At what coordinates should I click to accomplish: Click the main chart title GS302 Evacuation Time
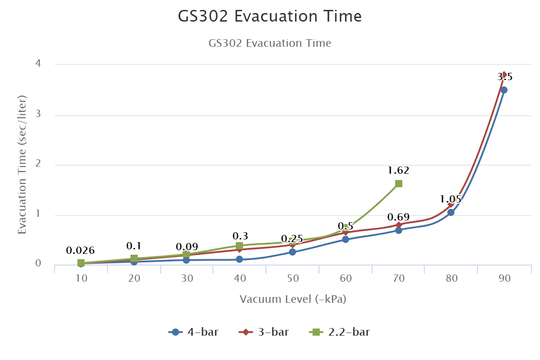tap(270, 17)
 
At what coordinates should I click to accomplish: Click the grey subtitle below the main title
tap(270, 43)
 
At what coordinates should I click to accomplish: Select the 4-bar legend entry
tap(194, 333)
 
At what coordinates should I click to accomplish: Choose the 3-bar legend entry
tap(264, 333)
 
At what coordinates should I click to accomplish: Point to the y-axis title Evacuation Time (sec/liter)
tap(22, 165)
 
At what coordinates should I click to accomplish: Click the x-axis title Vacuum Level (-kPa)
tap(293, 299)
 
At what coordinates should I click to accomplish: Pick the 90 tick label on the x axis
tap(504, 279)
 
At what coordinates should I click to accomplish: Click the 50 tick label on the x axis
tap(293, 279)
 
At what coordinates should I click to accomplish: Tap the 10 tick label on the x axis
tap(81, 279)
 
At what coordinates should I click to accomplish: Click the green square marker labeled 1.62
tap(399, 184)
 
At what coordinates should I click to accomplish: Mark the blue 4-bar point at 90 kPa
tap(504, 90)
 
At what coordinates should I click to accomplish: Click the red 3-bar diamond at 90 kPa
tap(504, 74)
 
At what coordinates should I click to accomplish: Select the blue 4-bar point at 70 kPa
tap(399, 230)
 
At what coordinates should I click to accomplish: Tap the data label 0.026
tap(80, 251)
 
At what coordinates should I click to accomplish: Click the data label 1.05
tap(450, 199)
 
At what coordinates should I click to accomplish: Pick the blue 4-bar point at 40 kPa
tap(239, 259)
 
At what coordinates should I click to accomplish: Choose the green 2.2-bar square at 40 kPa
tap(239, 246)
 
